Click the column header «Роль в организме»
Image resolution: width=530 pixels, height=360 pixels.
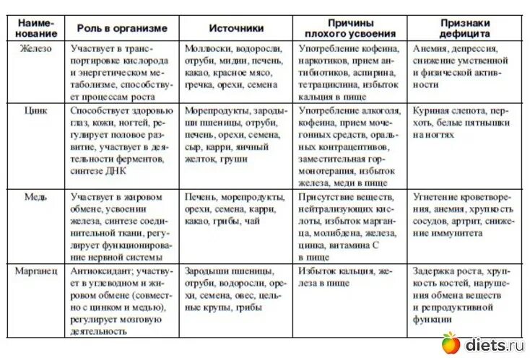[122, 29]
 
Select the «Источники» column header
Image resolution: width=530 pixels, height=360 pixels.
[236, 29]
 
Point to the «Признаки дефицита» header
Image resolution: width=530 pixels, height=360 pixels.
[466, 28]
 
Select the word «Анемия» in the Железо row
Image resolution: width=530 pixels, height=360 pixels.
[430, 48]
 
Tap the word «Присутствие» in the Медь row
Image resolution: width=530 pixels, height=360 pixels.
[329, 196]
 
